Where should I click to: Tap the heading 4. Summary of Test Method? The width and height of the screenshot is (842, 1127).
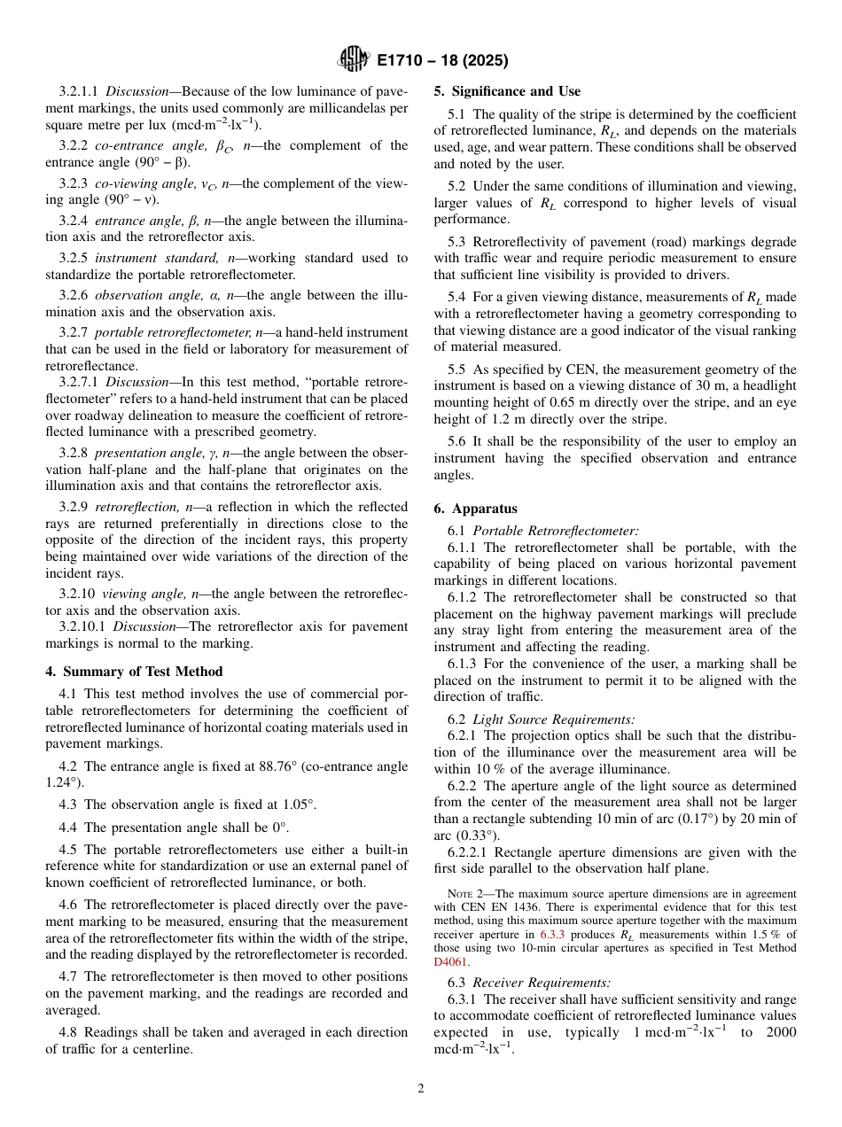coord(134,672)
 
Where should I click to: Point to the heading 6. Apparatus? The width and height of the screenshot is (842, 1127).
coord(475,509)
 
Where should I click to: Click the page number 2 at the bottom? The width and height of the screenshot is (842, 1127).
coord(421,1089)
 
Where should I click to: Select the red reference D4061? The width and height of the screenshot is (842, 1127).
coord(451,961)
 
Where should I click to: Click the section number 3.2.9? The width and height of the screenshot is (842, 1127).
coord(74,507)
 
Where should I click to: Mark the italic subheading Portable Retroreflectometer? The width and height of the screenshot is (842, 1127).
coord(556,531)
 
